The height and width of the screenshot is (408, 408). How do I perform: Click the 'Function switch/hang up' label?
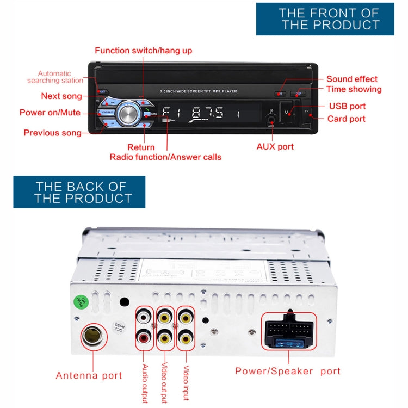[x=143, y=51]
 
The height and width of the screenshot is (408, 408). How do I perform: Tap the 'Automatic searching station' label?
[x=54, y=77]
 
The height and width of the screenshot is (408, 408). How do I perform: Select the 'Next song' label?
[x=61, y=96]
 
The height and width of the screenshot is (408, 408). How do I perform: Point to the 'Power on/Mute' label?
[x=50, y=113]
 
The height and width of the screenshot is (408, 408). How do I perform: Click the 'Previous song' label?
[x=52, y=133]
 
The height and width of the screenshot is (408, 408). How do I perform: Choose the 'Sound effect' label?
[x=351, y=79]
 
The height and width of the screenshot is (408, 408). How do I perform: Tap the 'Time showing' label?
[x=354, y=89]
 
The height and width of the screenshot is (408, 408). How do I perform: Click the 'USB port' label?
[x=347, y=106]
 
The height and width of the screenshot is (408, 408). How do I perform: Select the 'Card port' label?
[x=347, y=119]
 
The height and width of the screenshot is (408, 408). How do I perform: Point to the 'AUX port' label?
[x=275, y=146]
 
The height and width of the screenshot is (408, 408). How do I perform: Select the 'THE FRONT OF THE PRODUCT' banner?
[x=325, y=19]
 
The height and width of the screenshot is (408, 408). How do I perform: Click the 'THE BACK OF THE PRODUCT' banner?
[x=79, y=191]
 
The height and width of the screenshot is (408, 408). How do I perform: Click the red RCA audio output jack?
[x=144, y=337]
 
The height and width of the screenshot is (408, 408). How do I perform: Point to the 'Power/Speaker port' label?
[x=287, y=371]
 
